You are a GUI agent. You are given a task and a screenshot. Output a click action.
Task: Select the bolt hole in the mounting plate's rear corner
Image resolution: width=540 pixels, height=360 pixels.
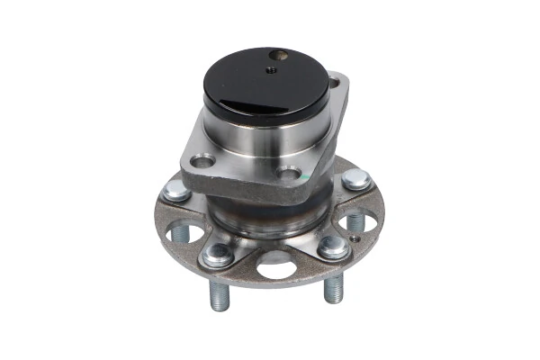tap(337, 84)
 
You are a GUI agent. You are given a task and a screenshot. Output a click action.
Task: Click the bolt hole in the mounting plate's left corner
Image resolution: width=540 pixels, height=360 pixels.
tap(202, 162)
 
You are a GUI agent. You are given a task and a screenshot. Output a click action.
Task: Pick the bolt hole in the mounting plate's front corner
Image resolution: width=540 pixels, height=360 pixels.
tap(289, 175)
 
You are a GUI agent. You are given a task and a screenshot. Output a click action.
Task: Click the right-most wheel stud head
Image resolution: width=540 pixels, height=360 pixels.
tap(356, 178)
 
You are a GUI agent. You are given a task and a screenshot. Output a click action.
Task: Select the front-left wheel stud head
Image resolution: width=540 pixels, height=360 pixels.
tap(217, 255)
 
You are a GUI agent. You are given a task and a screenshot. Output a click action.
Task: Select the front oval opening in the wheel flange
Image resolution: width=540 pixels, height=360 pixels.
tap(277, 266)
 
